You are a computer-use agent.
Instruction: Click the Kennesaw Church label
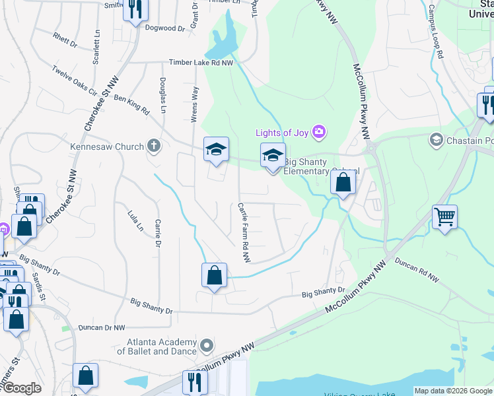pos(110,147)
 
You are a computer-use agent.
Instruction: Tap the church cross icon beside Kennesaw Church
pos(154,146)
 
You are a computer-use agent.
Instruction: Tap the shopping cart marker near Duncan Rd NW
pos(445,216)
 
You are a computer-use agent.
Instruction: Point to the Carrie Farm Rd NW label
pos(243,232)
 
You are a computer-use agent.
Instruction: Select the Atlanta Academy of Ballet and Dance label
pos(157,346)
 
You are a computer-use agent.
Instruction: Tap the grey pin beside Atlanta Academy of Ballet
pos(207,346)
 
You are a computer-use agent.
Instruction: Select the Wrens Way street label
pos(194,103)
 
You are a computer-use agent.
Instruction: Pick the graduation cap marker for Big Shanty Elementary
pos(273,155)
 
